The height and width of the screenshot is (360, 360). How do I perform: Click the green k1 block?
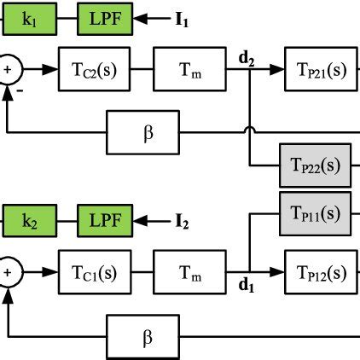coord(28,18)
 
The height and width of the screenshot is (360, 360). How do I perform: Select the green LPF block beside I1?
coord(105,18)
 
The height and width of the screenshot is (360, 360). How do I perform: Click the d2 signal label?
coord(249,58)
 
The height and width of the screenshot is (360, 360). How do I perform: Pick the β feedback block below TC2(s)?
coord(146,133)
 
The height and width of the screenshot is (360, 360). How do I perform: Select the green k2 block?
coord(28,223)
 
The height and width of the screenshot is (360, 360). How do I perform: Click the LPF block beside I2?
coord(105,223)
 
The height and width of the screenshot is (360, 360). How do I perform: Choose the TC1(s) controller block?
coord(93,273)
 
